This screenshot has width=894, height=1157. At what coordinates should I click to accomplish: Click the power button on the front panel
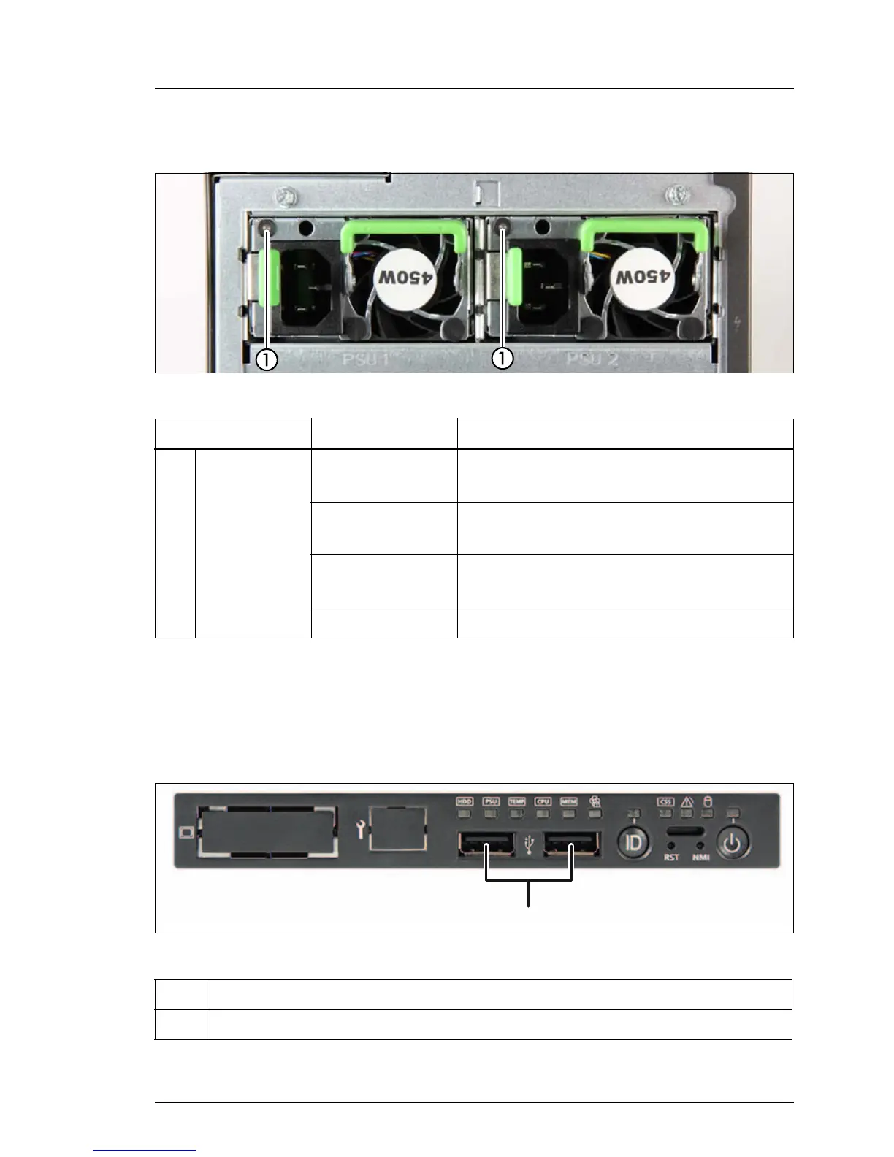point(733,844)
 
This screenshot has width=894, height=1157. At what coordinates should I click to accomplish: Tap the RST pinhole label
point(671,857)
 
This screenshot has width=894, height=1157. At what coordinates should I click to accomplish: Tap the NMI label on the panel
point(701,857)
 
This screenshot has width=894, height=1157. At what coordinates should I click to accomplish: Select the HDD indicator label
point(465,801)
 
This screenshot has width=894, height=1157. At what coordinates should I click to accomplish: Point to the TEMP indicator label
point(517,801)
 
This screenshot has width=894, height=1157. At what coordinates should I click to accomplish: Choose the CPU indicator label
point(543,801)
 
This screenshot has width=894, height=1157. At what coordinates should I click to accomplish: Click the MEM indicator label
point(569,801)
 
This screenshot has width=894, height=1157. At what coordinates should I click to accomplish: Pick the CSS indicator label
point(666,801)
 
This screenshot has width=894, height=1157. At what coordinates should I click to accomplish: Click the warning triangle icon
point(687,801)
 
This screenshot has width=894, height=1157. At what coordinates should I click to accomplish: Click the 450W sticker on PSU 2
point(639,278)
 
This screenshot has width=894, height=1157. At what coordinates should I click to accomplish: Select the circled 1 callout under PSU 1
point(267,359)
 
